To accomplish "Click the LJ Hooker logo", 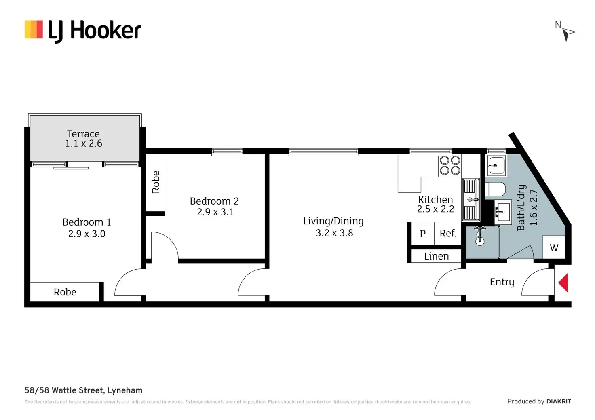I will click(x=83, y=30).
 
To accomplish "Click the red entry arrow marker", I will click(x=563, y=283).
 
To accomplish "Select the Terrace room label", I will click(x=83, y=134).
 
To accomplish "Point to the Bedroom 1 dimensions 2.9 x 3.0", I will click(x=87, y=234).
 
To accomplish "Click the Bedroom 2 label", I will click(x=214, y=201).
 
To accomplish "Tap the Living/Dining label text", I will click(x=333, y=221).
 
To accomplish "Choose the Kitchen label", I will click(x=435, y=199).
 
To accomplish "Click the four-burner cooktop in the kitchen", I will click(x=450, y=165).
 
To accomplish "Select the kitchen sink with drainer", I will click(x=471, y=199).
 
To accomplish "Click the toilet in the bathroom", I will click(x=496, y=189).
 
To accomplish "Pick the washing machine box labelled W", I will click(x=554, y=247).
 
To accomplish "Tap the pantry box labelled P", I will click(x=423, y=234).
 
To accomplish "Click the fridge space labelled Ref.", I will click(x=448, y=233).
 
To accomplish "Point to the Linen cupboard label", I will click(x=436, y=256).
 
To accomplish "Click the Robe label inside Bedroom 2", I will click(x=156, y=182).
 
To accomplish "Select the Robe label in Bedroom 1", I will click(x=65, y=292).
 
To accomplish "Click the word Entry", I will click(x=502, y=282).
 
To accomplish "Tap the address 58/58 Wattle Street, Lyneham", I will click(x=83, y=390).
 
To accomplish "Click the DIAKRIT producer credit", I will click(x=558, y=401).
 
